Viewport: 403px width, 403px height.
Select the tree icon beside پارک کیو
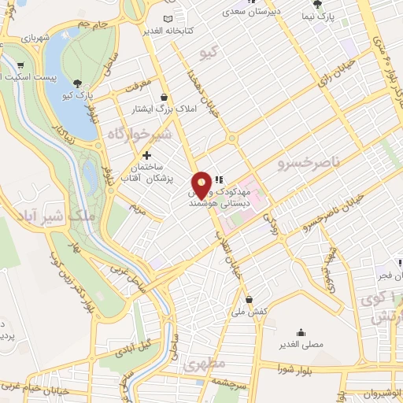pyautogui.click(x=77, y=83)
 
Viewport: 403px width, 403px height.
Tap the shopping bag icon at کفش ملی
pyautogui.click(x=250, y=299)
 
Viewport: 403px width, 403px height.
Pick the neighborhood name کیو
pyautogui.click(x=208, y=53)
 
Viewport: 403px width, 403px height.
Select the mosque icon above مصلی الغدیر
pyautogui.click(x=301, y=331)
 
